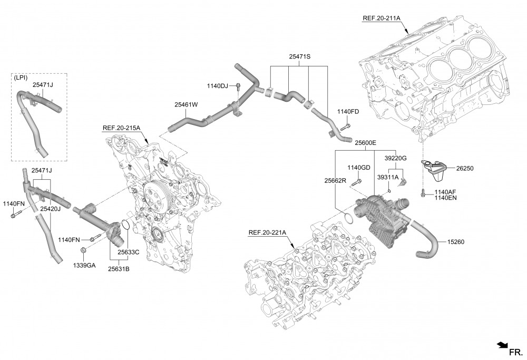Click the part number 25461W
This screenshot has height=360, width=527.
coord(186,104)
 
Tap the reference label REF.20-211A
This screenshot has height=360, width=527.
coord(382,18)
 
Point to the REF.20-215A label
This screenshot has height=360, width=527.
coord(121,128)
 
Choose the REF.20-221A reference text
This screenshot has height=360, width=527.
coord(267,232)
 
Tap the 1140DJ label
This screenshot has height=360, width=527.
coord(217,86)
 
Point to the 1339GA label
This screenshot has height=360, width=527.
coord(84,265)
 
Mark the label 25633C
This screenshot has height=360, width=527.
coord(128,252)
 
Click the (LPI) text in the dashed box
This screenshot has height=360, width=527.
coord(22,77)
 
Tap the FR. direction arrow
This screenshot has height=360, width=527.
coord(501,345)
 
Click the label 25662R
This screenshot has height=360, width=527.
coord(335,180)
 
